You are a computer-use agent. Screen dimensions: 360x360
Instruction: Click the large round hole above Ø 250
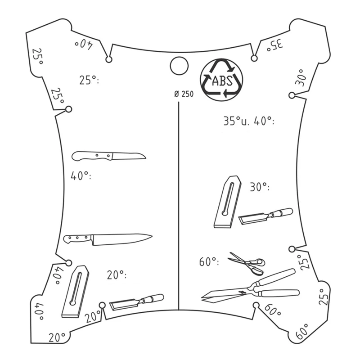pyautogui.click(x=179, y=66)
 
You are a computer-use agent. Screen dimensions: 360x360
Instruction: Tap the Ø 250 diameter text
pyautogui.click(x=184, y=94)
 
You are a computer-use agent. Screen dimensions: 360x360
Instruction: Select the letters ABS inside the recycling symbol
pyautogui.click(x=222, y=81)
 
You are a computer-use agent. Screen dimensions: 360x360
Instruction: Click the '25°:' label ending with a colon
pyautogui.click(x=89, y=80)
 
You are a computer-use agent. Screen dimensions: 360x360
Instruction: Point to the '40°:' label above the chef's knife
pyautogui.click(x=81, y=176)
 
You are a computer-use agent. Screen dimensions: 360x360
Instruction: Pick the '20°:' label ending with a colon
pyautogui.click(x=117, y=274)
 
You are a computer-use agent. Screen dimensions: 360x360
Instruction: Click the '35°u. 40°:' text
pyautogui.click(x=249, y=121)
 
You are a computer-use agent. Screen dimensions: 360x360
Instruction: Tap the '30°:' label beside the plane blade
pyautogui.click(x=260, y=187)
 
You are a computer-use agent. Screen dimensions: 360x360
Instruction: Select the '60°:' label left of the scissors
pyautogui.click(x=209, y=261)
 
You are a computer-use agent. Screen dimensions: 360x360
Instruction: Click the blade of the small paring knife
pyautogui.click(x=129, y=156)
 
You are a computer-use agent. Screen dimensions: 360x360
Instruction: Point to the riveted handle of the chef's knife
pyautogui.click(x=77, y=239)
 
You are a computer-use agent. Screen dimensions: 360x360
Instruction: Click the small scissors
pyautogui.click(x=247, y=264)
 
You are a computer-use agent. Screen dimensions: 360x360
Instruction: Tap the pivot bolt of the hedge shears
pyautogui.click(x=242, y=292)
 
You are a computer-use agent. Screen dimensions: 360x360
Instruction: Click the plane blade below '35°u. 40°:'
pyautogui.click(x=228, y=202)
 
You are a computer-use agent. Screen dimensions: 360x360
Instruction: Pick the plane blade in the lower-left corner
pyautogui.click(x=76, y=292)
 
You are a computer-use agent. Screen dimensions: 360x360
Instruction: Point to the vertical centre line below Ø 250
pyautogui.click(x=179, y=206)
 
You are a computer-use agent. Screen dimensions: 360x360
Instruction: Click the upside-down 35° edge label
pyautogui.click(x=275, y=45)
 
